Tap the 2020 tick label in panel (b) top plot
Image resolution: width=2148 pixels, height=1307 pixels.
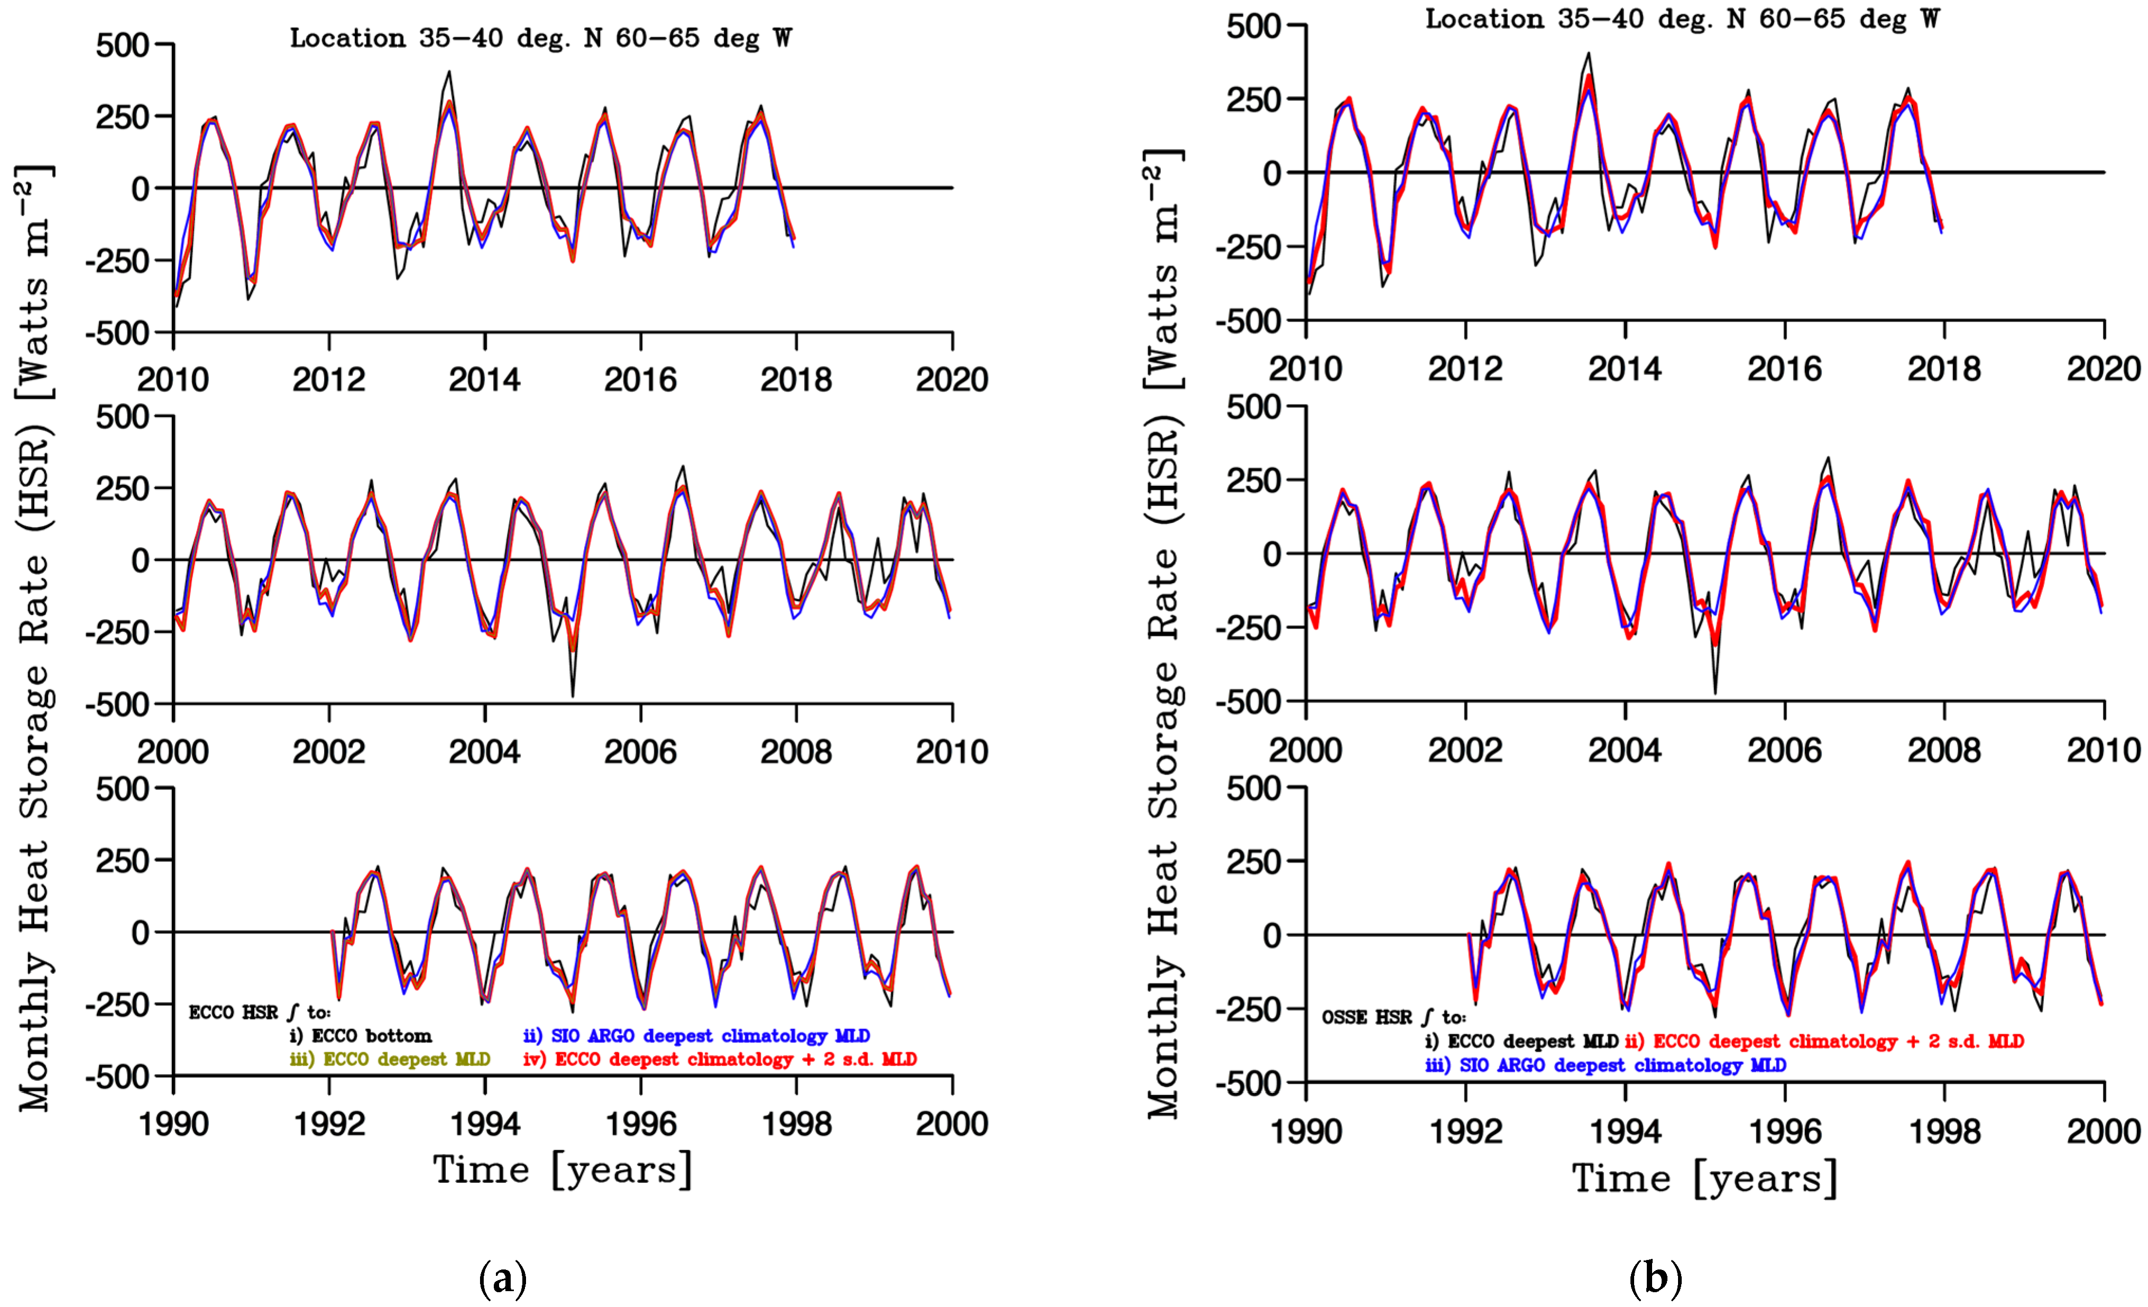pos(2103,369)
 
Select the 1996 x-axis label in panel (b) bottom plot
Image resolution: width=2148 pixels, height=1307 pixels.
pos(1784,1132)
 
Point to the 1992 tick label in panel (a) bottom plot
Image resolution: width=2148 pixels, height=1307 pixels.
pos(329,1124)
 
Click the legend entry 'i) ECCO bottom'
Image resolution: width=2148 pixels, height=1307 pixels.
pos(361,1036)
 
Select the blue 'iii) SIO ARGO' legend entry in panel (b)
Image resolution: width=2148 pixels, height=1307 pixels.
pos(1605,1065)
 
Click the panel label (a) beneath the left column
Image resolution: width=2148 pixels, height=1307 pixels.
pos(503,1279)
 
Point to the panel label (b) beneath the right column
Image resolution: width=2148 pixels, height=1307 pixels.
pos(1655,1279)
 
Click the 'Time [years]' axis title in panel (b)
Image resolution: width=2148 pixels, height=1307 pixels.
pos(1704,1179)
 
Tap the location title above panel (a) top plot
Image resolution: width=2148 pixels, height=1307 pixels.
pos(540,39)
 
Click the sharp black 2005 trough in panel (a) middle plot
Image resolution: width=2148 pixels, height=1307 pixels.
pos(573,695)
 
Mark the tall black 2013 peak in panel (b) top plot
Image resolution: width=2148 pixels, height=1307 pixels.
pos(1588,53)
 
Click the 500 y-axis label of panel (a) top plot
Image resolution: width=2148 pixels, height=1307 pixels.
pos(122,45)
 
